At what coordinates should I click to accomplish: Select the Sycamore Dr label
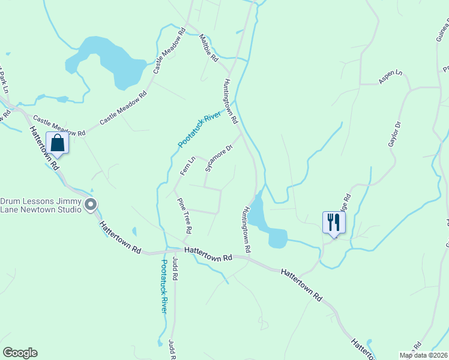click(218, 158)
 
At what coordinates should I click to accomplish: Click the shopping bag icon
click(58, 143)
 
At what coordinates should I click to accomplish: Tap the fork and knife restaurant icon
click(333, 222)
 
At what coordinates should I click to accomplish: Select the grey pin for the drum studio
click(91, 206)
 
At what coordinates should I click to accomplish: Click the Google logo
click(20, 353)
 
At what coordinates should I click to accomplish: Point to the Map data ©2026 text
click(423, 355)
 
